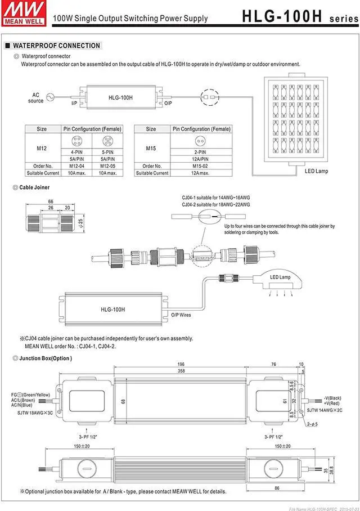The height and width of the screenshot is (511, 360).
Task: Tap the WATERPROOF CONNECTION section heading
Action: [x=56, y=46]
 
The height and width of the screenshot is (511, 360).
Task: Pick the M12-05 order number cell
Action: [x=107, y=166]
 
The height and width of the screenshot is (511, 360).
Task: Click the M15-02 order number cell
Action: [x=201, y=166]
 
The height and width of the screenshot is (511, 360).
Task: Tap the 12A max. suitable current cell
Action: [x=201, y=173]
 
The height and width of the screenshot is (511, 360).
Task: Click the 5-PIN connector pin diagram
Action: [x=107, y=141]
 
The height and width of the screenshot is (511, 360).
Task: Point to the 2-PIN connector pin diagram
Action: [x=201, y=141]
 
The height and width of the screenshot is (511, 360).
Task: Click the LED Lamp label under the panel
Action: [x=316, y=171]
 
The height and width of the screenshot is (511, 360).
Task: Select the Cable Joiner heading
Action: [x=34, y=187]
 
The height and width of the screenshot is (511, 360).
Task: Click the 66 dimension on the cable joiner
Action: [x=51, y=201]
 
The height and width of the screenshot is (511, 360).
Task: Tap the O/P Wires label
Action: [x=181, y=315]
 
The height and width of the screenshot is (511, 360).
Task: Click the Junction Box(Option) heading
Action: [x=46, y=358]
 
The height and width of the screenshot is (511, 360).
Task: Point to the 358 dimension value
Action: [x=182, y=372]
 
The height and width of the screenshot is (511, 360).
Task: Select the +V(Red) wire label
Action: [x=332, y=404]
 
